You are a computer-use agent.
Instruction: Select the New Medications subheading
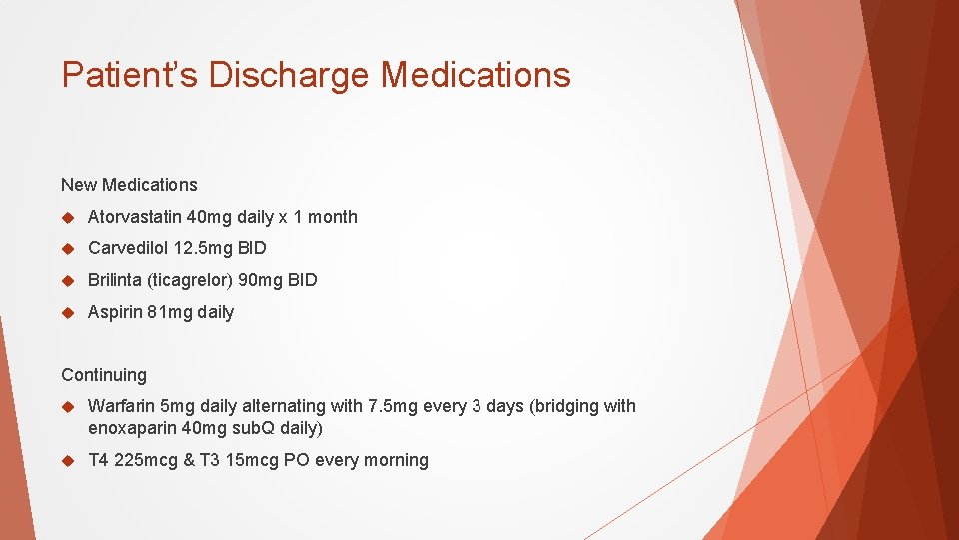click(129, 185)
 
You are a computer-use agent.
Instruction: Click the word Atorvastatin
click(135, 217)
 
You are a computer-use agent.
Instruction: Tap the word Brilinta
click(115, 280)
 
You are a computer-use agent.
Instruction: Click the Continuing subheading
click(104, 375)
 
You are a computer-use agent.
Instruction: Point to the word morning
click(398, 460)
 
